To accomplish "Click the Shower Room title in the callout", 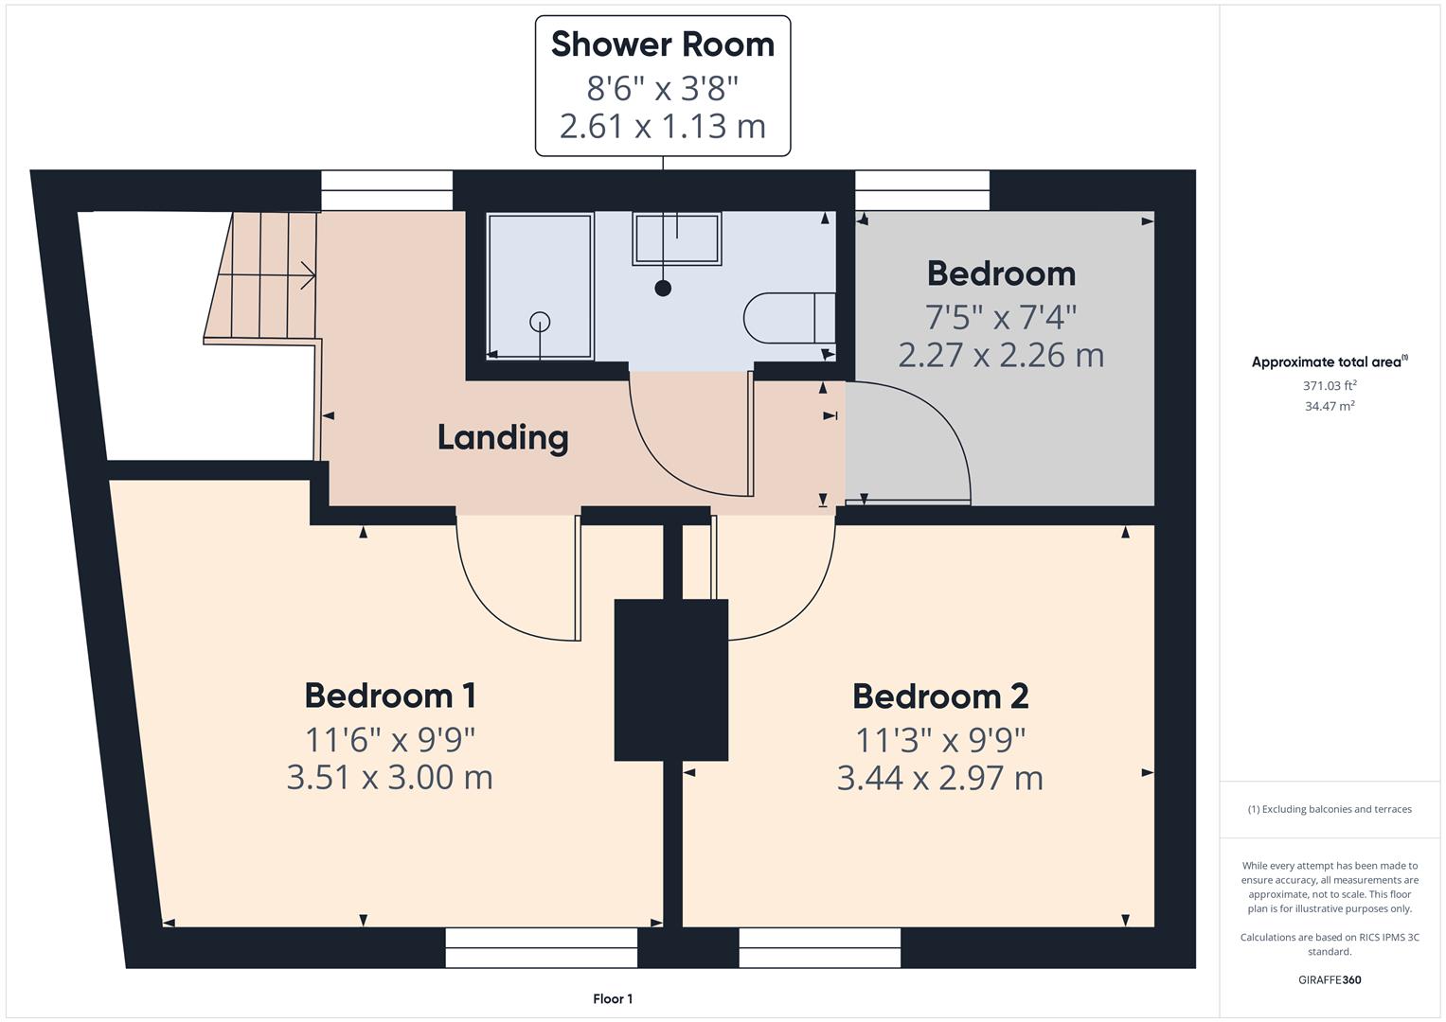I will pos(662,44).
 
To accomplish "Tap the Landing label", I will pos(503,437).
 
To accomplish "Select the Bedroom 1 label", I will pos(389,696).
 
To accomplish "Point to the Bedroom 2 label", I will pos(939,696).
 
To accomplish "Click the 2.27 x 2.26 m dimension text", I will pos(1000,356).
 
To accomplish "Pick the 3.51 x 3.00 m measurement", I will pos(389,778).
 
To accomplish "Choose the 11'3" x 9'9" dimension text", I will pos(939,739).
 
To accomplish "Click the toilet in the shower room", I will pos(788,318).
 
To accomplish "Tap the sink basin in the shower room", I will pos(677,238).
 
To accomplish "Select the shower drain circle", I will pos(540,321).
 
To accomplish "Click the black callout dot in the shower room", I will pos(663,288).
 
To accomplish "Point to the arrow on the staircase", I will pos(306,275).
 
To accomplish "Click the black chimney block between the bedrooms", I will pos(670,679).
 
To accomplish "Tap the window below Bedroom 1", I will pos(541,947).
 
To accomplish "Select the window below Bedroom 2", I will pos(819,947).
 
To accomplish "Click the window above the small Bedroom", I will pos(922,190).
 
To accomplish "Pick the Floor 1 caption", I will pos(613,999).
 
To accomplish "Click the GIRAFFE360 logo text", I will pos(1330,979).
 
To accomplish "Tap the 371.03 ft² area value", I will pos(1330,386).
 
